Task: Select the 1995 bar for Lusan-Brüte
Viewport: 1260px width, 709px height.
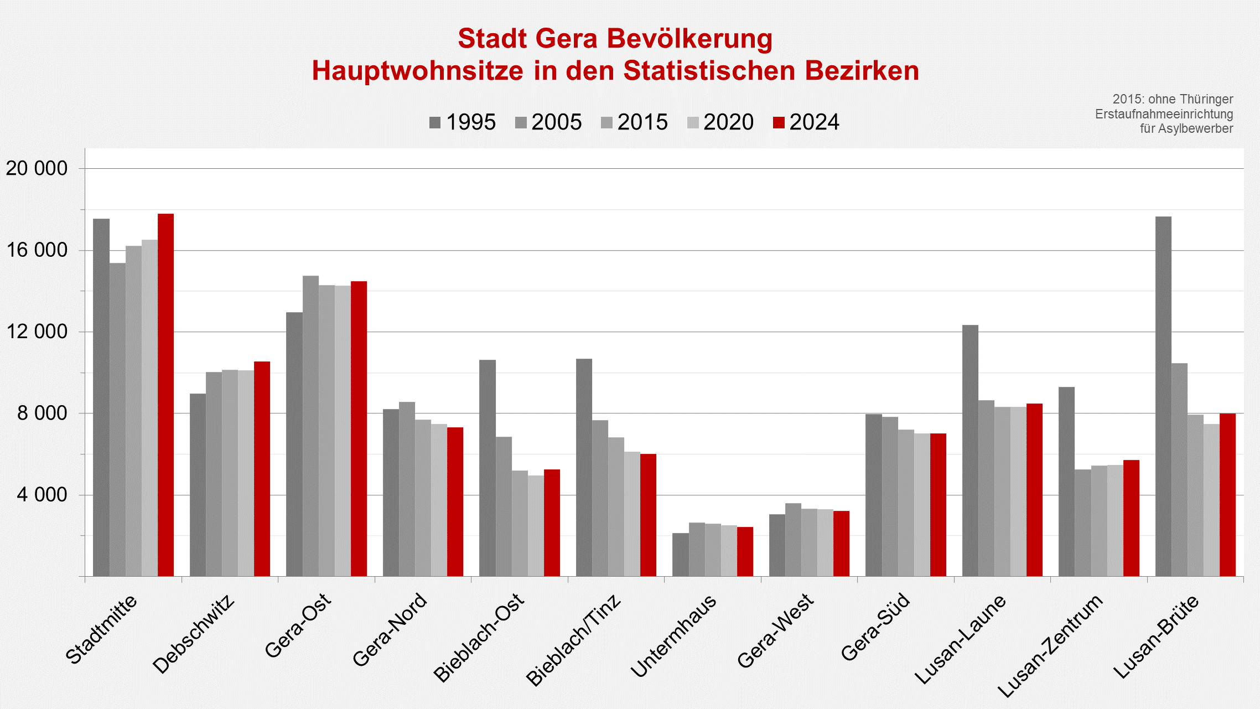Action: [x=1163, y=396]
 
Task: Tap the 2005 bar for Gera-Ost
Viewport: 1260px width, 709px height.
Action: [x=310, y=426]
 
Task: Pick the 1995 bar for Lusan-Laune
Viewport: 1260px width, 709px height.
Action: [x=970, y=451]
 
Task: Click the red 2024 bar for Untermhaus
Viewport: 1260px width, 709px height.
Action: [x=745, y=551]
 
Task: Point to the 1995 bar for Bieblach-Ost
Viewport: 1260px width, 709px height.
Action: [x=487, y=468]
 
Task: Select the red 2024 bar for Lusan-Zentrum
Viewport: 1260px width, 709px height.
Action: [x=1131, y=518]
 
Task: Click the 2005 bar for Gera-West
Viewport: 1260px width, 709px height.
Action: [x=793, y=540]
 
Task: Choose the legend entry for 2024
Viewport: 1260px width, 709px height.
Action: [x=806, y=122]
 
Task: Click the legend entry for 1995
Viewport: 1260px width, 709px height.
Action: [x=463, y=122]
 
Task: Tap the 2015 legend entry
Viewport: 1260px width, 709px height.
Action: [x=634, y=122]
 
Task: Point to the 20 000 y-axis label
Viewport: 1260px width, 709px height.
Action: [x=37, y=168]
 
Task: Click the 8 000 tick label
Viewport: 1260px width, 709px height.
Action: [x=42, y=413]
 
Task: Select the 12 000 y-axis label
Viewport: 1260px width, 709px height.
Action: [x=37, y=332]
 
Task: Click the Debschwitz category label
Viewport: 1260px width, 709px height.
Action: [x=194, y=634]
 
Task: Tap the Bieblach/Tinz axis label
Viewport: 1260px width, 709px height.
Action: [x=574, y=640]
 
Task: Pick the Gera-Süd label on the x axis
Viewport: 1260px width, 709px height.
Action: [x=875, y=627]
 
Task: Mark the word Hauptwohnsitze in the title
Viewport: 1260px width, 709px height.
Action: [x=417, y=71]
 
